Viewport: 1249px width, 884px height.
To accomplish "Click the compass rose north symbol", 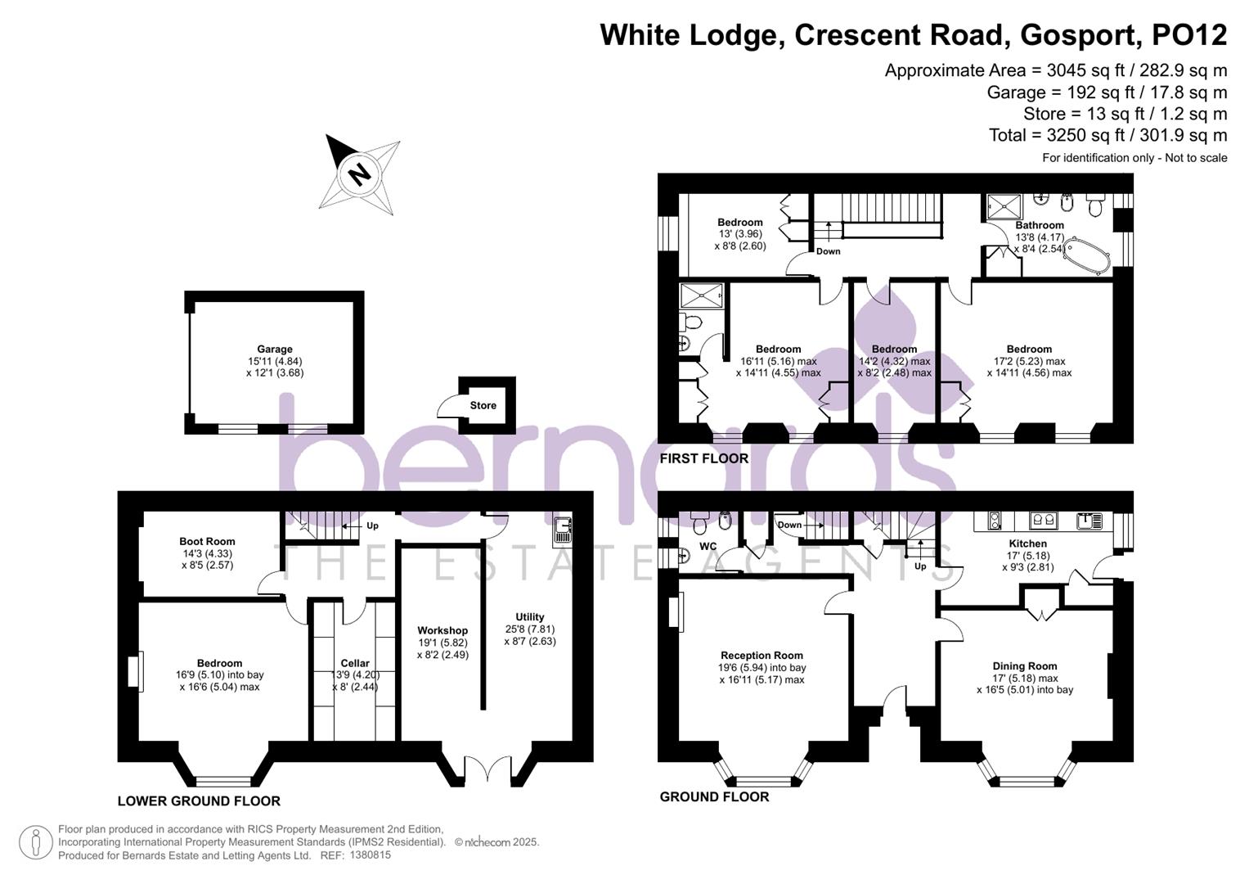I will (358, 173).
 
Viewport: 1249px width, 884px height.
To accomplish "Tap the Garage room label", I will (274, 350).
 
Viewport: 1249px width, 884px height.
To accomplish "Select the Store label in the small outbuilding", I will (483, 405).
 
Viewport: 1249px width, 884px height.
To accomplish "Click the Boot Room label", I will (207, 541).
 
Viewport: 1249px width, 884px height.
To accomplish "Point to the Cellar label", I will (355, 663).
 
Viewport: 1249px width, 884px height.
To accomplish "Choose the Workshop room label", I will (443, 630).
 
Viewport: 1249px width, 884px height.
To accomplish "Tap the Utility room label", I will (529, 617).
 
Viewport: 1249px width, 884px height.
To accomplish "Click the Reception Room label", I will (762, 655).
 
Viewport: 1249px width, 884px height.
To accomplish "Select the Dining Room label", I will (1025, 666).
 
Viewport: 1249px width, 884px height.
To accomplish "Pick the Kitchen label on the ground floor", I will (1027, 543).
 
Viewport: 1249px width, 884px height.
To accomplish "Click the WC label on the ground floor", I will (708, 546).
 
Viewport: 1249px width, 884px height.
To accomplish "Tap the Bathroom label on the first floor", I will (1040, 225).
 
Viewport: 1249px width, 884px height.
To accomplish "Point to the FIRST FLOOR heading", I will (703, 458).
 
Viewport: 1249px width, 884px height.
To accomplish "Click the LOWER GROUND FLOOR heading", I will (199, 801).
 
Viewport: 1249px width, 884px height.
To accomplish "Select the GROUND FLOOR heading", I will (714, 796).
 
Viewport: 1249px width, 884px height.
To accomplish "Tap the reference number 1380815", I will (370, 855).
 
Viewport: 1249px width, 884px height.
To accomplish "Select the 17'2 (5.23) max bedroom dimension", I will (1029, 361).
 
